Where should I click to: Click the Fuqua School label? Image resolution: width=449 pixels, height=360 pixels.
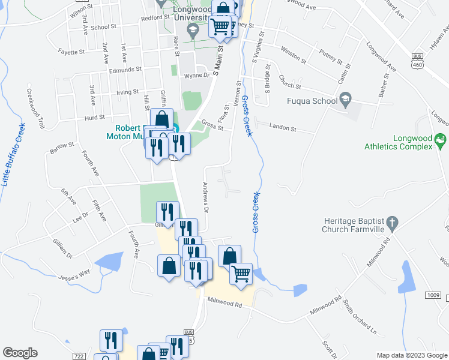pos(312,101)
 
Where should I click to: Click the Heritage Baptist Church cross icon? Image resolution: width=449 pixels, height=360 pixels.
pos(392,224)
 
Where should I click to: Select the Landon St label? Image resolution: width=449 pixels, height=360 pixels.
pos(283,128)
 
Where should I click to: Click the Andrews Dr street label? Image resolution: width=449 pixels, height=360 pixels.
pos(205,198)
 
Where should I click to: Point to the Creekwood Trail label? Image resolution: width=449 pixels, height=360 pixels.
pos(35,109)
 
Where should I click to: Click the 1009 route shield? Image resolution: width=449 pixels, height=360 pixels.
pos(435,296)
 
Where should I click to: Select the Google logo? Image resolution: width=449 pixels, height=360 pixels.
pos(20,352)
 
